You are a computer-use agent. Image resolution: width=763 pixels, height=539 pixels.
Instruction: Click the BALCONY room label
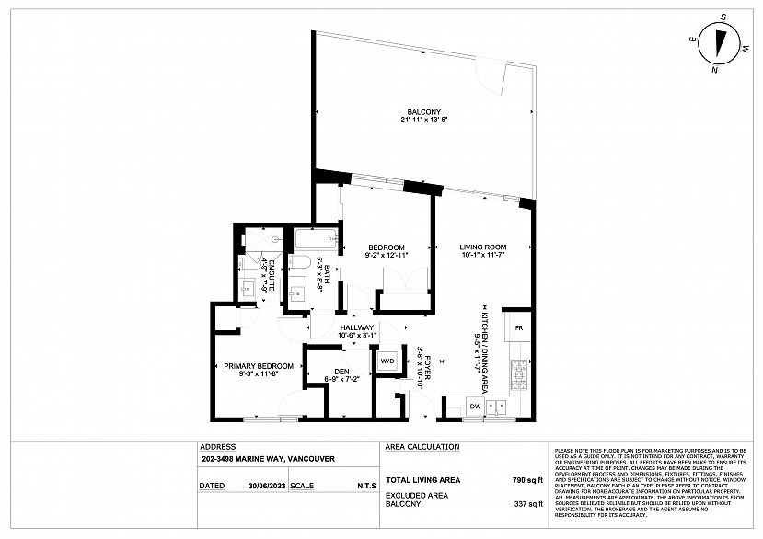[x=422, y=111]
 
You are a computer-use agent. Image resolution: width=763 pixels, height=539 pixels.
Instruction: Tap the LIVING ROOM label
[x=483, y=247]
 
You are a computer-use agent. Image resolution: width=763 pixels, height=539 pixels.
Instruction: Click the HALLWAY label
[x=356, y=327]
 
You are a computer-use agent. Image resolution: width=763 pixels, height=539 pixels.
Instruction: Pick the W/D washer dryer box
[x=387, y=361]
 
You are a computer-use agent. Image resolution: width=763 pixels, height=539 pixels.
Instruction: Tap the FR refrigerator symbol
[x=518, y=328]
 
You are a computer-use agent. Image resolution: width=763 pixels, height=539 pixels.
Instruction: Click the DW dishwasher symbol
[x=476, y=406]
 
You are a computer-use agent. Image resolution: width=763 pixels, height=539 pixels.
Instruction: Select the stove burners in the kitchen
[x=519, y=373]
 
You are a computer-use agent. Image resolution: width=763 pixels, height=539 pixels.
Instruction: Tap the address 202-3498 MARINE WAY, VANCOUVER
[x=267, y=458]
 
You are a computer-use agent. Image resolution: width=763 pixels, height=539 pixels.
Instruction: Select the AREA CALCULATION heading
[x=422, y=446]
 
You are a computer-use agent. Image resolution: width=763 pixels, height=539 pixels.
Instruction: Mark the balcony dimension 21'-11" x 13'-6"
[x=422, y=120]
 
